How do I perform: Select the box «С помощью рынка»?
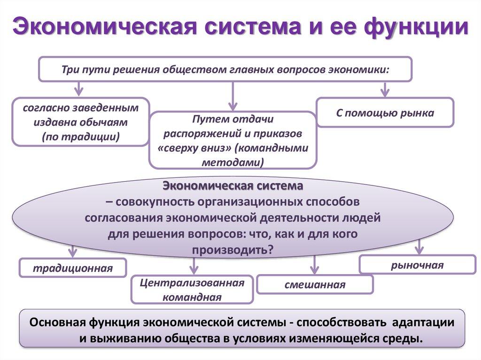point(385,113)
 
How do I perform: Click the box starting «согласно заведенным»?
point(81,122)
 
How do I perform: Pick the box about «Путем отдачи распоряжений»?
point(233,140)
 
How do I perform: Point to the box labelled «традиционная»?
point(73,268)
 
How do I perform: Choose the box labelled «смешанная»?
point(315,284)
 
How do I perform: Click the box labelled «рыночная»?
point(417,265)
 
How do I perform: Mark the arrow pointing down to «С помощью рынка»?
point(385,89)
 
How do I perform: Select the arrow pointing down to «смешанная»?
point(315,266)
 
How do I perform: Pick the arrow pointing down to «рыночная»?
point(419,247)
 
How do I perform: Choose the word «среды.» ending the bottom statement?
point(406,339)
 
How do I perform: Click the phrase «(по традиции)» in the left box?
point(81,137)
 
